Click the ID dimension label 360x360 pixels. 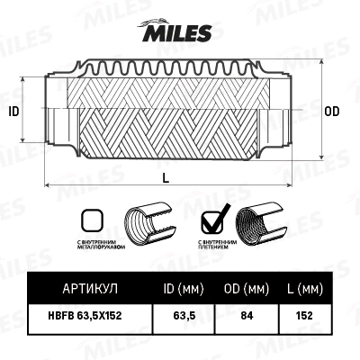pos(13,112)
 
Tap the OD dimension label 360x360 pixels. pos(331,112)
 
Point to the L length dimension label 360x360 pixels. pos(167,177)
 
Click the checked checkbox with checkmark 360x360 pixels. pos(212,219)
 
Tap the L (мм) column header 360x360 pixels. pos(303,289)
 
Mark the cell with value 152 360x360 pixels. pos(303,317)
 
